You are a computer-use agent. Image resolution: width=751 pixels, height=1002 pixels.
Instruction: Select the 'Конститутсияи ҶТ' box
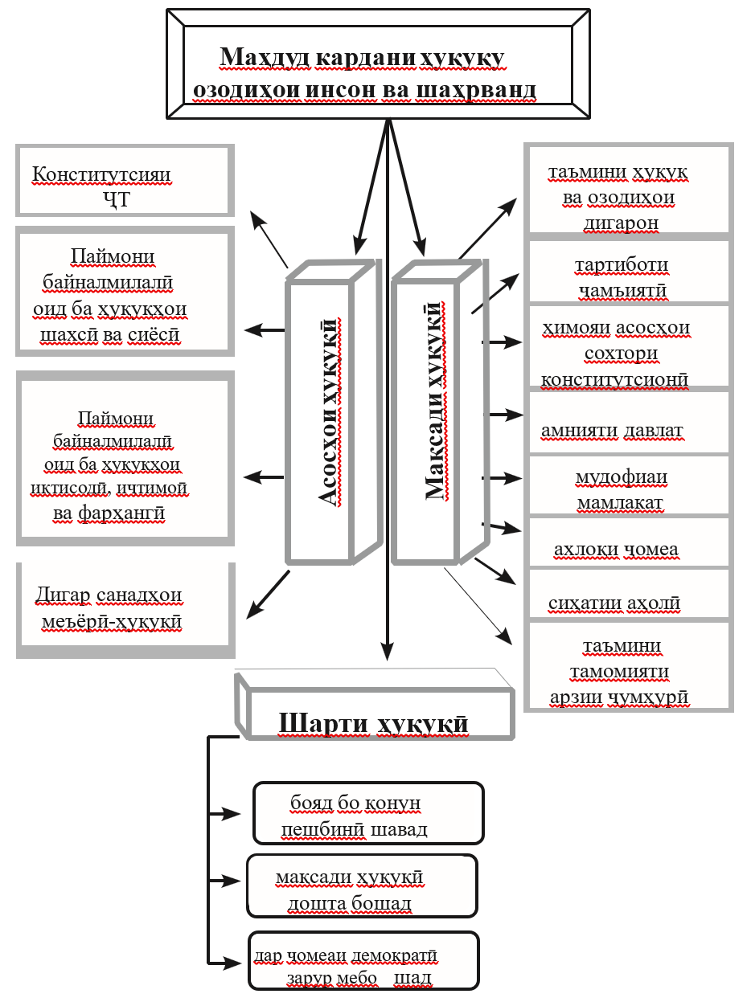(125, 181)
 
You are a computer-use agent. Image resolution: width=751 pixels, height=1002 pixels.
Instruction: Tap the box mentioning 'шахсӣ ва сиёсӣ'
(125, 292)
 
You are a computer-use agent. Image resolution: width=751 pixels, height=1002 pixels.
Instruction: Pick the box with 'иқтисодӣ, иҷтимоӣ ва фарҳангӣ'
(125, 458)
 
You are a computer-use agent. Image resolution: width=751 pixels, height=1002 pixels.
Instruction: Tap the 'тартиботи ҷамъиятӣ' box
(627, 273)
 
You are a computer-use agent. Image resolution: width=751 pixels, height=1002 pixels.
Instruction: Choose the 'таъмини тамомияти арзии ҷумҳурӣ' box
(627, 667)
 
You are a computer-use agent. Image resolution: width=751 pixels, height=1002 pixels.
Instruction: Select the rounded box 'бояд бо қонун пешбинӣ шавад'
(367, 813)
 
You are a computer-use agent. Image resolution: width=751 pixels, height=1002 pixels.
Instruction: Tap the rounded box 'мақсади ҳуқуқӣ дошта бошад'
(362, 886)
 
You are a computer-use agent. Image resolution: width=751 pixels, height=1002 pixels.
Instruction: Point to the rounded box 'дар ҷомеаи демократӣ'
(363, 961)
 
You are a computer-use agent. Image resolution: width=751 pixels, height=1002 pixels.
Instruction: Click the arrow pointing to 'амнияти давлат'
(506, 415)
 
